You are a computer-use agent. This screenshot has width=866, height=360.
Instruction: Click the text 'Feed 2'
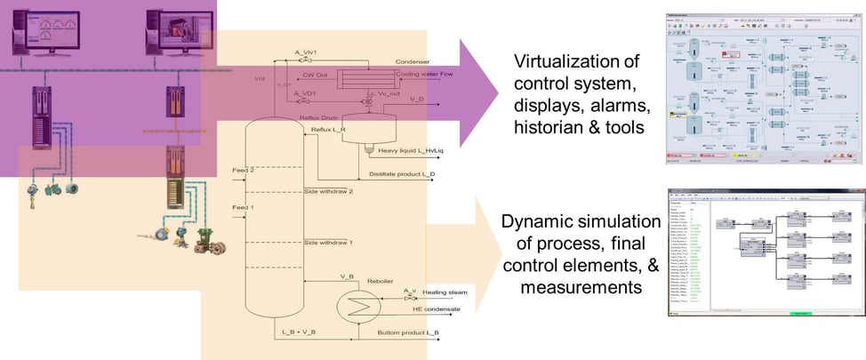pos(243,169)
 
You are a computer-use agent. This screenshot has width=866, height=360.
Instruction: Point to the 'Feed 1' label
pos(243,207)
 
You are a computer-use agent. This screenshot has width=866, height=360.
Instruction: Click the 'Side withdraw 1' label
pos(329,242)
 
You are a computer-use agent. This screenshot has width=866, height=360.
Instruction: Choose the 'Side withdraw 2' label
pos(329,191)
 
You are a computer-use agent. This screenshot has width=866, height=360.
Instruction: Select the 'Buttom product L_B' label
pos(408,332)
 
